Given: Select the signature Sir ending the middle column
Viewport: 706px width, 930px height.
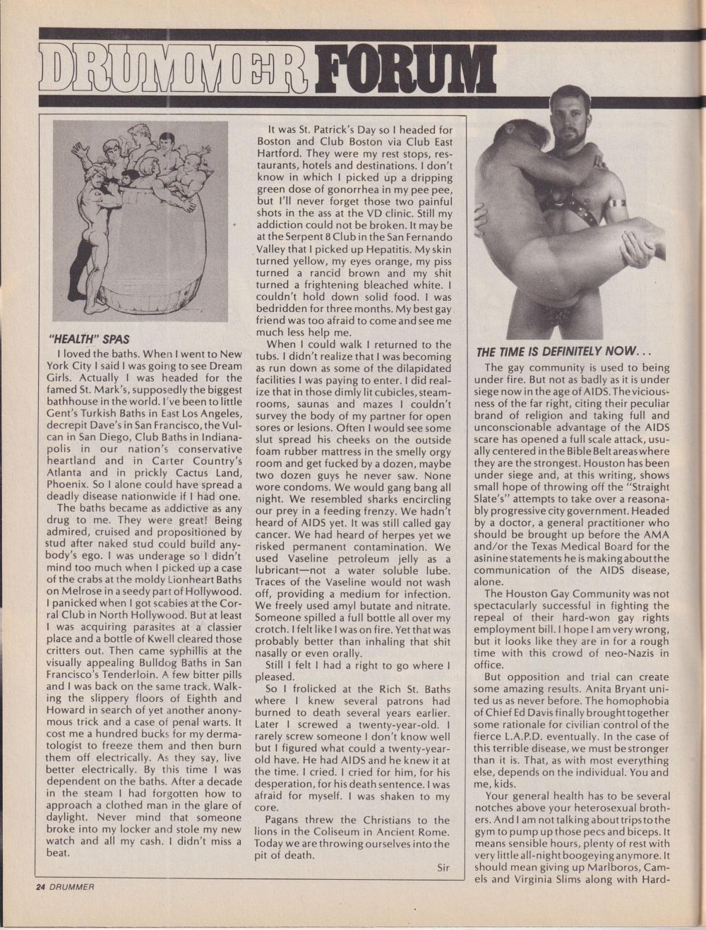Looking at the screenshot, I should [x=438, y=869].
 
